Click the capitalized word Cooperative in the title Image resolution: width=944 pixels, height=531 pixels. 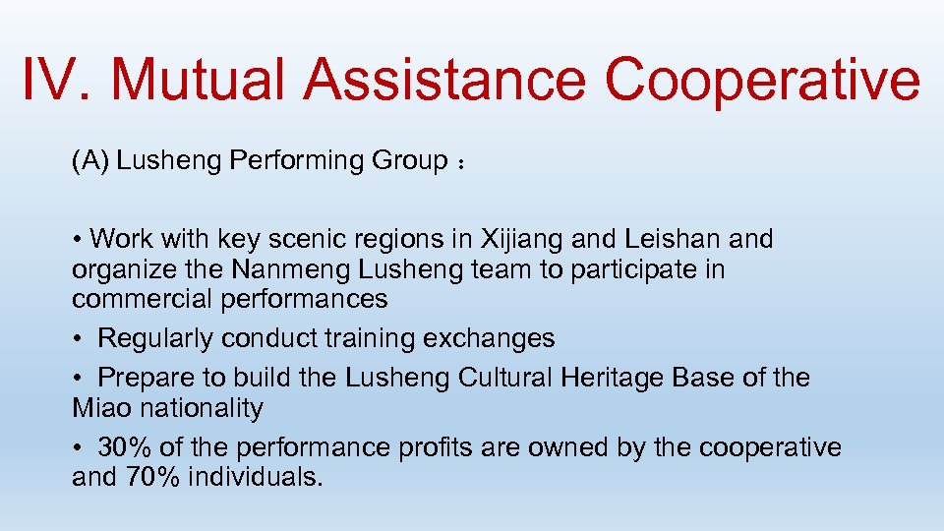coord(763,80)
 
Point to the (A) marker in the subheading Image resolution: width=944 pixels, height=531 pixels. coord(90,161)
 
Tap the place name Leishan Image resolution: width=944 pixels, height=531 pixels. coord(669,239)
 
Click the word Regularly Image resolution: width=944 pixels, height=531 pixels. coord(156,338)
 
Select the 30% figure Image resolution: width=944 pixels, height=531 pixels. coord(125,447)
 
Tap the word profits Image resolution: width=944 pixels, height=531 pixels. coord(440,447)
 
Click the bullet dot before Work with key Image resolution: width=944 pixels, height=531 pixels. coord(78,239)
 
